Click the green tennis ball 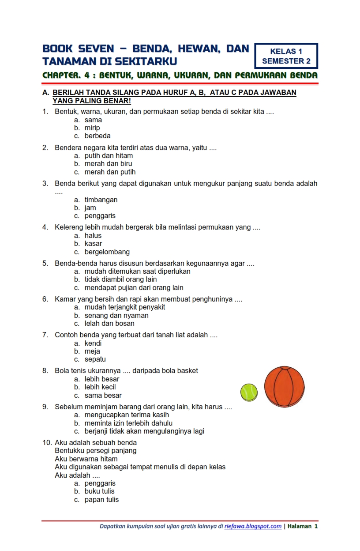(x=249, y=392)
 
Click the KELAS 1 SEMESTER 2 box (x=286, y=56)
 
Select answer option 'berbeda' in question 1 (x=97, y=136)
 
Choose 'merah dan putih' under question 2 (x=110, y=172)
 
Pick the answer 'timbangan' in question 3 (x=101, y=200)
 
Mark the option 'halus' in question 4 (x=93, y=236)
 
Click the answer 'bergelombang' (x=107, y=252)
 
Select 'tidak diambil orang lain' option (x=120, y=279)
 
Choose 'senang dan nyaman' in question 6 (x=116, y=316)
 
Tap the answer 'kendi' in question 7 (x=93, y=343)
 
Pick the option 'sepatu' (x=95, y=359)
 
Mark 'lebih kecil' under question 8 (x=100, y=387)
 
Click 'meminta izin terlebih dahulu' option (x=128, y=423)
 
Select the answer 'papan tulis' (x=101, y=500)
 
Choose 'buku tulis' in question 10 (x=99, y=491)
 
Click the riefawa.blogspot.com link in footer (x=253, y=526)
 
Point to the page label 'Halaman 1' (x=303, y=526)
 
